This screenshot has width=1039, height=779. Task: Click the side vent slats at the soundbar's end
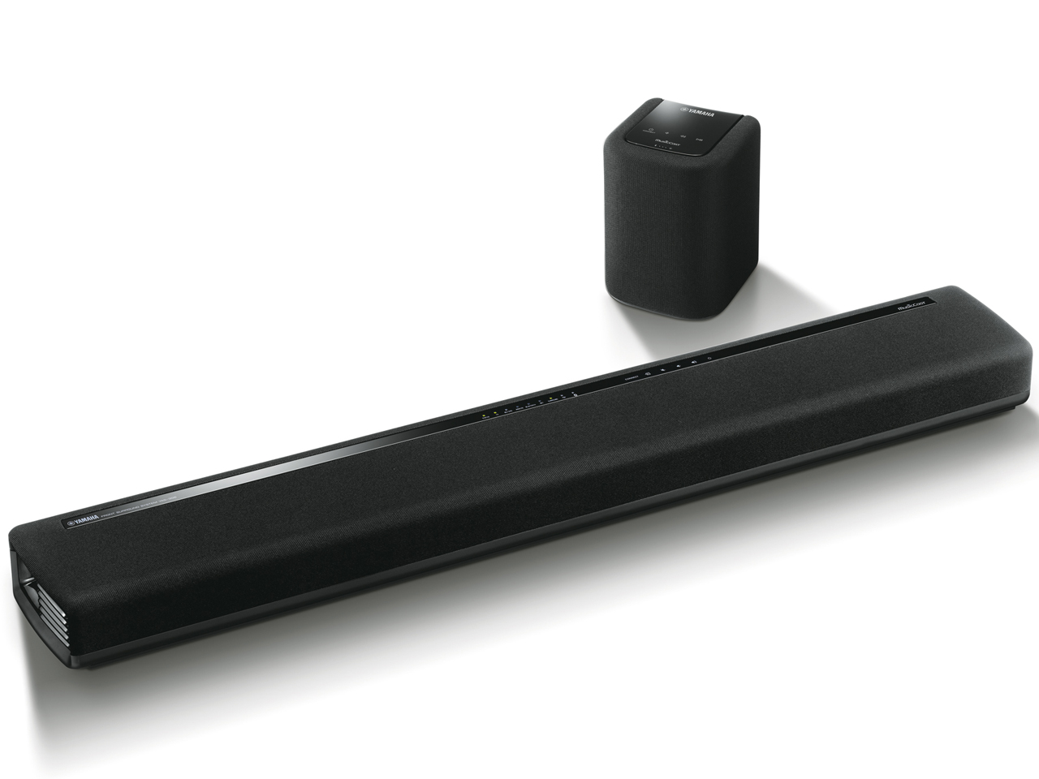tap(41, 596)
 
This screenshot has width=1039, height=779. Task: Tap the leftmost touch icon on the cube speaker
tap(649, 129)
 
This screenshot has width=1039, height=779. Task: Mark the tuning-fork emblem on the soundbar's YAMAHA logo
tap(69, 523)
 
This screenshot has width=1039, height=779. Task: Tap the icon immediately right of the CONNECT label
tap(648, 373)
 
